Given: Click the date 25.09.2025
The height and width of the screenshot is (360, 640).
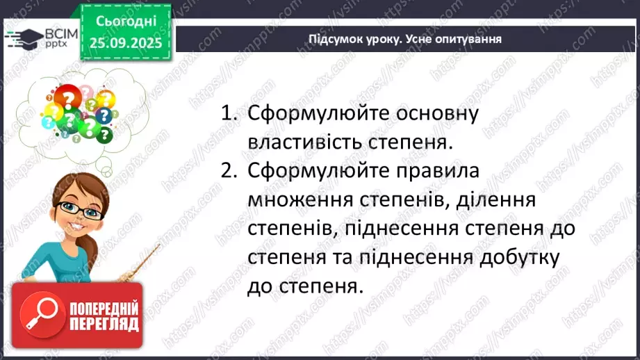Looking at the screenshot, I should [125, 42].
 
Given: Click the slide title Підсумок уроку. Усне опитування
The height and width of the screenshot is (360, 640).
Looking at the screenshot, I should [405, 39].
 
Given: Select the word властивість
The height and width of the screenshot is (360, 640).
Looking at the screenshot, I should [315, 142].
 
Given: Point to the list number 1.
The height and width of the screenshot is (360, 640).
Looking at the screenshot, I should [227, 114].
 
